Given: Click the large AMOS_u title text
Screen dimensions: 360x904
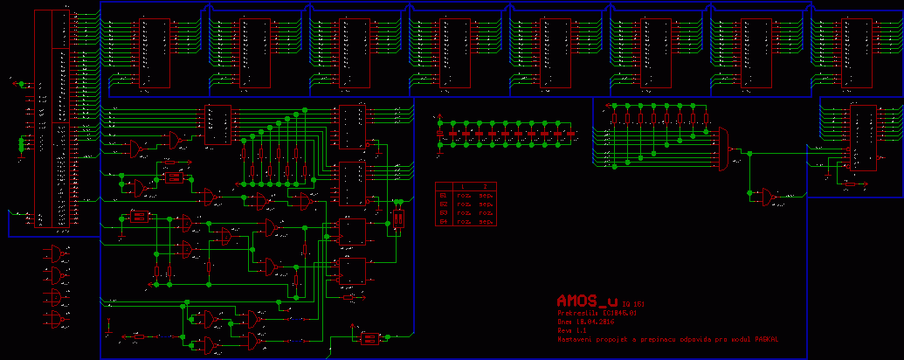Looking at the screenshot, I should [587, 301].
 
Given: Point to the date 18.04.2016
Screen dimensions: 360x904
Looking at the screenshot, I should [590, 322].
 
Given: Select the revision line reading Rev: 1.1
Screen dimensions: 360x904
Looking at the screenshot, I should [571, 331].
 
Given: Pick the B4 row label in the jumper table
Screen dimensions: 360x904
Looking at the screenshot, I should [443, 222].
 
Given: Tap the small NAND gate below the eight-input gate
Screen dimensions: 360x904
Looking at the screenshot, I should [767, 197].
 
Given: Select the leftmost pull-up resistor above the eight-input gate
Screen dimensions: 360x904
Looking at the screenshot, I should [614, 117].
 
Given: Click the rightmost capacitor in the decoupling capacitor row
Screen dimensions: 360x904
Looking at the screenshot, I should [573, 134].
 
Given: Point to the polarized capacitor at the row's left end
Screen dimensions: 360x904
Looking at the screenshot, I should [442, 134].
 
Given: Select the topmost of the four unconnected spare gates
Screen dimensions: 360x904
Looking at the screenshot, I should [57, 254].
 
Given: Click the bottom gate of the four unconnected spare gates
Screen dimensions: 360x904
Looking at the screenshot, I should [57, 320].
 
